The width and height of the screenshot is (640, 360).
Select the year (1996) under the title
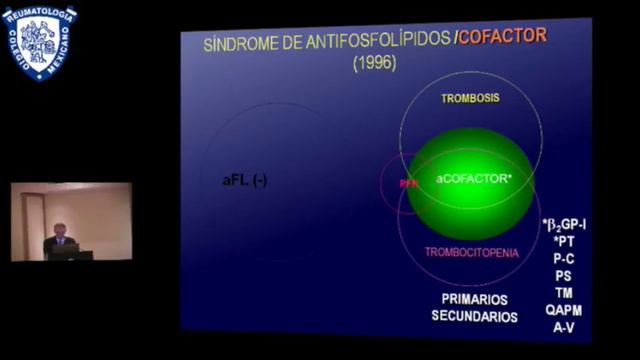(x=375, y=62)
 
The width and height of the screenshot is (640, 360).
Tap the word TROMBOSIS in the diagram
(x=471, y=98)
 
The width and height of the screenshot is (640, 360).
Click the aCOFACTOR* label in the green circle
(x=473, y=177)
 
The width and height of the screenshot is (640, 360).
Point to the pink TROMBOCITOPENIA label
(x=472, y=253)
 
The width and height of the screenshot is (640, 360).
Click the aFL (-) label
(x=245, y=181)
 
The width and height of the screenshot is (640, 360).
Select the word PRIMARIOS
(x=475, y=299)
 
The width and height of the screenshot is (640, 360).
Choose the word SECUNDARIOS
(x=475, y=317)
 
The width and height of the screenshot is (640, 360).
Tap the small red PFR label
(x=407, y=184)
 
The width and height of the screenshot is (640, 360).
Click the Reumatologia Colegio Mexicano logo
(x=39, y=42)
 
